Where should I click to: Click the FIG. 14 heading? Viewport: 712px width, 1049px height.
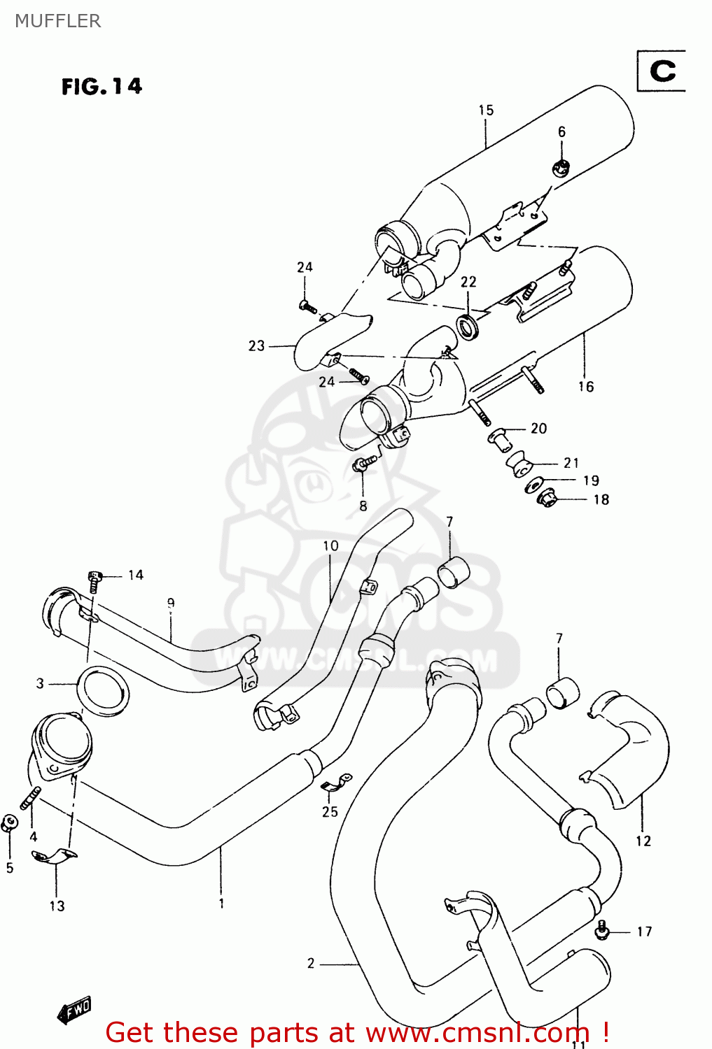102,86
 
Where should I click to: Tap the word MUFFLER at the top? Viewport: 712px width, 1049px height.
57,21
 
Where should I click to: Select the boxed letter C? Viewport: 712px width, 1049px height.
662,71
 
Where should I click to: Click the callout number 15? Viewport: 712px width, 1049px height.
486,110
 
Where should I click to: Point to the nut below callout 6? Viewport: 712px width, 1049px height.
561,167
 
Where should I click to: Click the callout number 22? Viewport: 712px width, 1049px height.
468,281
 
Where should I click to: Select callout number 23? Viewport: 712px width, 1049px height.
256,345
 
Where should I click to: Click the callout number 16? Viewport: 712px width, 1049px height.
586,386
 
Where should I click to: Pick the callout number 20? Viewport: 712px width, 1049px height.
538,428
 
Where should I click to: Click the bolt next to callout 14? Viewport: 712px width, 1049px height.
94,580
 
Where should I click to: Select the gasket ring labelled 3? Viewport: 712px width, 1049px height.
103,692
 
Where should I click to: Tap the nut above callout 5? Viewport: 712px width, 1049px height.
9,823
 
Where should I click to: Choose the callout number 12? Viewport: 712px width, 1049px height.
643,841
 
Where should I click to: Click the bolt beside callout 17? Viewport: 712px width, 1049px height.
602,930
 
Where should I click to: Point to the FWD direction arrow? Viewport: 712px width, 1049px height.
74,1010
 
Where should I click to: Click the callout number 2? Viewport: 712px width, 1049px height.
311,963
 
